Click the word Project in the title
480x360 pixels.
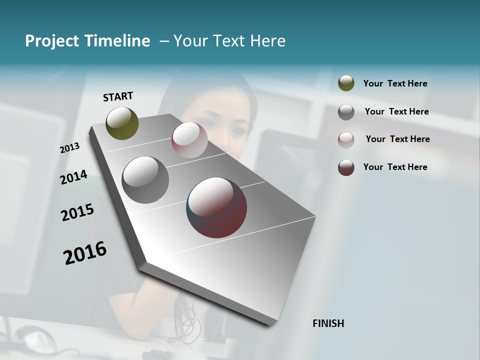(x=51, y=41)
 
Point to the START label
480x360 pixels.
(x=118, y=96)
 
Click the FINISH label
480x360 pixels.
(x=328, y=323)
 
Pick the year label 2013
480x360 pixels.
(x=70, y=147)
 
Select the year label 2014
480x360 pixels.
(x=74, y=177)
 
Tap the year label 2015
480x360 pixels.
(x=77, y=213)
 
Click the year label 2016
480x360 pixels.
(x=85, y=252)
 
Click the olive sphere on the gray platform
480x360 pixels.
(x=122, y=123)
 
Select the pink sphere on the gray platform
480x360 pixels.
(x=189, y=140)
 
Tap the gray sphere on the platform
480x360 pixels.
(x=145, y=180)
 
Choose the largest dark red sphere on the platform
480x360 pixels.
(x=216, y=207)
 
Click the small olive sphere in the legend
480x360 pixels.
(x=346, y=83)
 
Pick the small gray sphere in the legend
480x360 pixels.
(x=346, y=112)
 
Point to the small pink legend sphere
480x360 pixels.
(x=346, y=139)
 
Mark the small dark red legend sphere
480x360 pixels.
(x=346, y=167)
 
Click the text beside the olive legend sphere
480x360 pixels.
(x=395, y=83)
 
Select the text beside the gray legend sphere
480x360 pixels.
(x=396, y=111)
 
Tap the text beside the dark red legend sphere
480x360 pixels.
(x=395, y=167)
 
